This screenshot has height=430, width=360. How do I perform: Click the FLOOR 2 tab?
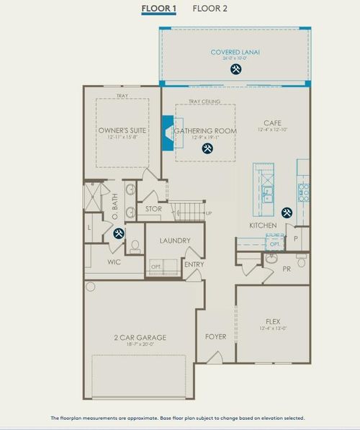point(210,9)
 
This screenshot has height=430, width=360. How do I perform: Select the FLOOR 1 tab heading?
point(158,9)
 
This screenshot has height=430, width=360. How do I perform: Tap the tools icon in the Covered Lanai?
point(235,70)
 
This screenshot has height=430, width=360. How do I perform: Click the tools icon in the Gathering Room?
point(207,149)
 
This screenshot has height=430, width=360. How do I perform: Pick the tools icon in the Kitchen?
point(287,212)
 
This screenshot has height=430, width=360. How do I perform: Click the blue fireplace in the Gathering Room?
point(167,133)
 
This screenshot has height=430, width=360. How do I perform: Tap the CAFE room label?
point(272,122)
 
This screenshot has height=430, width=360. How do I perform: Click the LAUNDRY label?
point(175,241)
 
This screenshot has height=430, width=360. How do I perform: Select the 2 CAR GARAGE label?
point(140,337)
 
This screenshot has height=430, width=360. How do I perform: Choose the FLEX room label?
point(272,322)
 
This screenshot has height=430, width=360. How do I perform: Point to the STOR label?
point(153,210)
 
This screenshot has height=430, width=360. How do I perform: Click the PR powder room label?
point(286,268)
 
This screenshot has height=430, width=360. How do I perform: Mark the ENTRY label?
point(194,264)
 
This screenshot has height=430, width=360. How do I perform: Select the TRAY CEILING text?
point(204,102)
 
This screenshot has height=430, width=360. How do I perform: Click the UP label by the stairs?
point(209,213)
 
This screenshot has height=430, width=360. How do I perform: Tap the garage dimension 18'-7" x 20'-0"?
point(140,345)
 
